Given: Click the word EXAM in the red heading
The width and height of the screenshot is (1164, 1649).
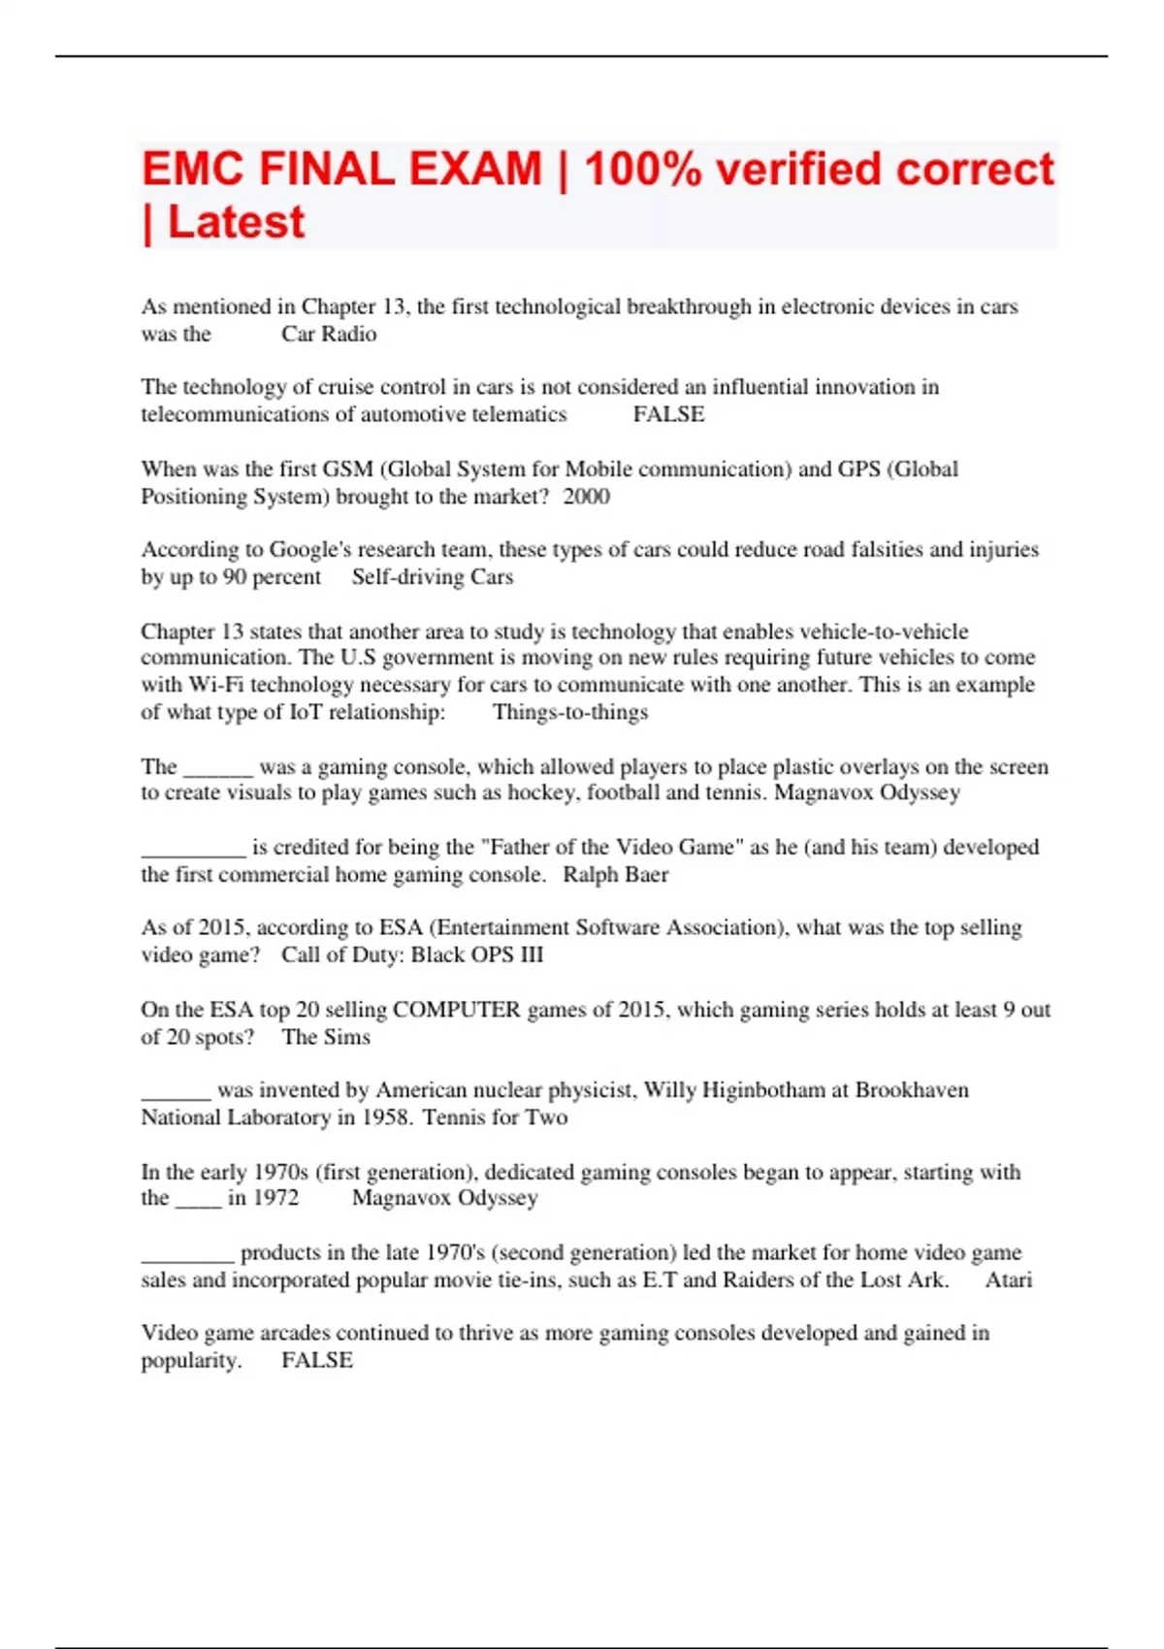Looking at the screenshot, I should click(475, 169).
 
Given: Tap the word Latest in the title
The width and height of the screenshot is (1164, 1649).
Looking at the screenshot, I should click(236, 222).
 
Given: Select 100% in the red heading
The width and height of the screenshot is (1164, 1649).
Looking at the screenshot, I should click(642, 169).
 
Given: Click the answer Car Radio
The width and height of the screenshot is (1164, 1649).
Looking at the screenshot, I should click(329, 335).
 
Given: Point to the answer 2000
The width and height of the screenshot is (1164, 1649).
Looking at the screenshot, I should click(586, 497).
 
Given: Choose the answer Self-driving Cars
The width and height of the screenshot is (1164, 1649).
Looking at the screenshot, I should click(432, 577).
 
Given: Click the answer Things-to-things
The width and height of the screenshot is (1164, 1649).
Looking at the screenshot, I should click(570, 712).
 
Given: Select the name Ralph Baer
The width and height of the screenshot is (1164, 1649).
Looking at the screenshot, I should click(615, 875).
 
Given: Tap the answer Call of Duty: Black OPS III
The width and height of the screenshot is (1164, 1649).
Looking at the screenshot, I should click(412, 955).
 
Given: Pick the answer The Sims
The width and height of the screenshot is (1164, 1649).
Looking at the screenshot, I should click(326, 1037).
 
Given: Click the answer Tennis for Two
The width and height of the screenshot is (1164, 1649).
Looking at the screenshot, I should click(495, 1117).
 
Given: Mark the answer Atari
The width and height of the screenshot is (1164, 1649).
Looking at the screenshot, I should click(1009, 1280).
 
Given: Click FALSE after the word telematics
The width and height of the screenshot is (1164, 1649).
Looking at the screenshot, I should click(668, 415).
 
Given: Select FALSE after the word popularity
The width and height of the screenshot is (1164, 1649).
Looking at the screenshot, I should click(317, 1361).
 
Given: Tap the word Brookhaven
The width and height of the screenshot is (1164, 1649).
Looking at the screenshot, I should click(911, 1090).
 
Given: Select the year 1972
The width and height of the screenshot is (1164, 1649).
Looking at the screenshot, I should click(275, 1198).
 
